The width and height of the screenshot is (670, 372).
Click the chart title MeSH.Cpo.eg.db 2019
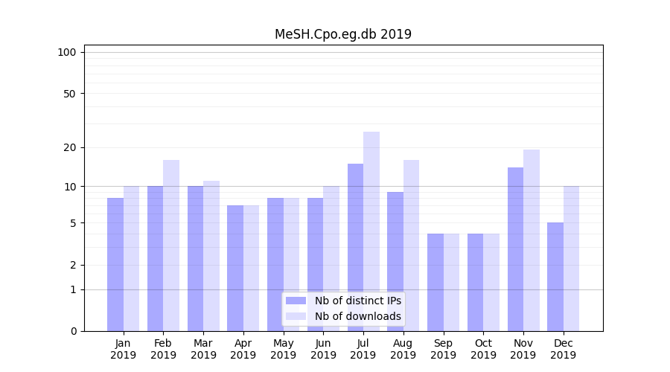tap(342, 34)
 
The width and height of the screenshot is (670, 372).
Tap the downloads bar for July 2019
tap(371, 231)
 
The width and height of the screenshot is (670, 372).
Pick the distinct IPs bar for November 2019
tap(515, 249)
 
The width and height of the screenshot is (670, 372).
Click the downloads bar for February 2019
tap(171, 246)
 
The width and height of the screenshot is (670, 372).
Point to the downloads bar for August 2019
tap(412, 246)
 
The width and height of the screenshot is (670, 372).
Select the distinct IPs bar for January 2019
tap(115, 264)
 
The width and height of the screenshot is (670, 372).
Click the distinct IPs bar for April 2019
tap(235, 268)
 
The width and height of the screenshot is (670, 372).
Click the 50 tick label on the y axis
tap(70, 94)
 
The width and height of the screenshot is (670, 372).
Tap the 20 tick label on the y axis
tap(70, 147)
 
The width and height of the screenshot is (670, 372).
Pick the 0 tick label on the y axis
tap(73, 331)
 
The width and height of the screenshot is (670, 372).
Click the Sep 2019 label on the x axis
tap(443, 349)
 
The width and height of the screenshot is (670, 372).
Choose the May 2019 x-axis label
tap(283, 349)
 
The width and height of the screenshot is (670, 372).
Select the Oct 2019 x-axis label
tap(483, 349)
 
